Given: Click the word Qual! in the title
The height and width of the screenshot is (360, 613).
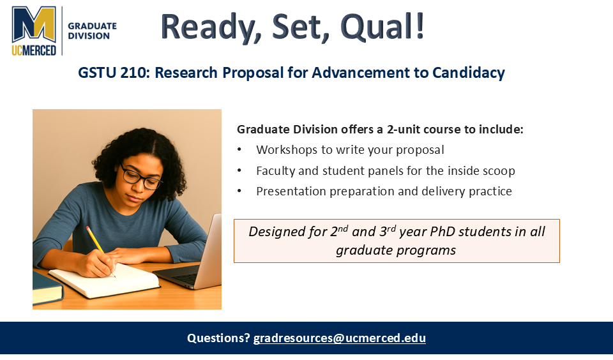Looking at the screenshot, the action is click(x=382, y=27).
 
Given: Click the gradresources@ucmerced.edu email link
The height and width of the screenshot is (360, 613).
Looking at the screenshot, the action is click(x=339, y=338).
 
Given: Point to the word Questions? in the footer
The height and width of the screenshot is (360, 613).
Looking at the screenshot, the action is click(x=218, y=338).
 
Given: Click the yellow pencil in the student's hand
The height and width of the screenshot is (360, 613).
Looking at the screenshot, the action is click(x=100, y=250).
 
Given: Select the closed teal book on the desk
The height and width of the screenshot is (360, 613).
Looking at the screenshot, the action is click(x=47, y=289).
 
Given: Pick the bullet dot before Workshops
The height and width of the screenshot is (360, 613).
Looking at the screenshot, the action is click(x=239, y=150).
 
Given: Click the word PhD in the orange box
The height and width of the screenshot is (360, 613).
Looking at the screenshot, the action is click(x=443, y=232).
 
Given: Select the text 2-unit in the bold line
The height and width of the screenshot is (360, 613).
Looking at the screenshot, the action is click(x=404, y=130).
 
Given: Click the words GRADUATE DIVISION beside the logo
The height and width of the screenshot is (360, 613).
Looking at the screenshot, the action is click(x=92, y=31).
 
